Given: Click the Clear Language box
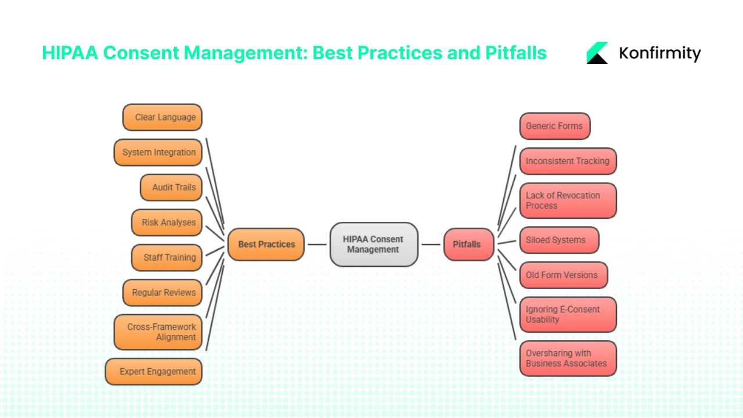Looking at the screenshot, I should click(163, 117).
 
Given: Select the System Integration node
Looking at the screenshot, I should click(158, 152).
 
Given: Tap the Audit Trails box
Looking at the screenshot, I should click(171, 187).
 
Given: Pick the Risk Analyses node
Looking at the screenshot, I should click(167, 222).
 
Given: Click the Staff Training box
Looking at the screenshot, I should click(167, 257).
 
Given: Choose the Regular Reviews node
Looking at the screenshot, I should click(163, 293).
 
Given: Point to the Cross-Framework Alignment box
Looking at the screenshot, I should click(158, 332).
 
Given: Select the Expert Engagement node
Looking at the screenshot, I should click(154, 372).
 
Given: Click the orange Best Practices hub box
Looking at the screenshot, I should click(266, 244).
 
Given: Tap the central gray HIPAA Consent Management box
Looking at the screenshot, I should click(373, 244).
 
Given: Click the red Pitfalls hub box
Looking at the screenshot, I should click(468, 244).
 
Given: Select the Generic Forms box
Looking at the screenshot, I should click(554, 126).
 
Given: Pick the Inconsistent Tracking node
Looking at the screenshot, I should click(568, 161).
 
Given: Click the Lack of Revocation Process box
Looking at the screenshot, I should click(568, 200).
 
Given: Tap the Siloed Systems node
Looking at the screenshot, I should click(558, 240).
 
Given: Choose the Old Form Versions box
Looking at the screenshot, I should click(563, 275).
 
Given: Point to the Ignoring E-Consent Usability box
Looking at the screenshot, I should click(568, 314).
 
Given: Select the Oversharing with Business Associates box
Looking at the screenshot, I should click(568, 358).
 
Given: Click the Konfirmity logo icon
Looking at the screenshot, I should click(597, 53).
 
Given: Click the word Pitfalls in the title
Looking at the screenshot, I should click(515, 53).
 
